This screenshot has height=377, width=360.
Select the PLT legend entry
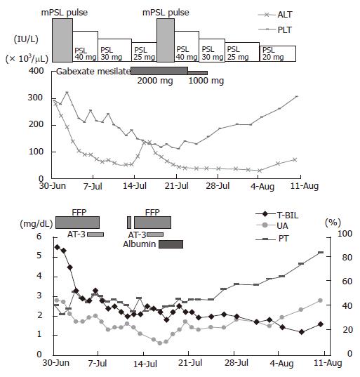click(275, 29)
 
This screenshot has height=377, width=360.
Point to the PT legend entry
click(272, 239)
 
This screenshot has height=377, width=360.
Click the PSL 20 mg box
click(278, 53)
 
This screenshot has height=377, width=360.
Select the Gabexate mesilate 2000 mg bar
click(159, 71)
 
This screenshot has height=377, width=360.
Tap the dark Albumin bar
click(171, 244)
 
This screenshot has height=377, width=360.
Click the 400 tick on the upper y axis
click(36, 71)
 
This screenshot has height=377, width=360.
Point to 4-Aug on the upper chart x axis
click(262, 186)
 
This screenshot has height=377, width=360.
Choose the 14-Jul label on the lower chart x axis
click(145, 363)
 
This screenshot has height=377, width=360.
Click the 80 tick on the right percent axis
click(347, 257)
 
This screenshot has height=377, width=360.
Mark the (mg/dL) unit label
click(36, 224)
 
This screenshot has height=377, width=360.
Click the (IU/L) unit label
click(26, 39)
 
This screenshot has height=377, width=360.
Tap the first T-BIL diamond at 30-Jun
click(58, 247)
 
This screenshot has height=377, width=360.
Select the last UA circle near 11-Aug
click(320, 300)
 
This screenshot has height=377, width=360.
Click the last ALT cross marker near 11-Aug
click(295, 159)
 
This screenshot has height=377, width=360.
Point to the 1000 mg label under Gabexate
click(206, 81)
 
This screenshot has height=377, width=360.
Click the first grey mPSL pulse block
click(62, 40)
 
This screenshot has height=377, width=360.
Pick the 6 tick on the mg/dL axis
click(39, 237)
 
